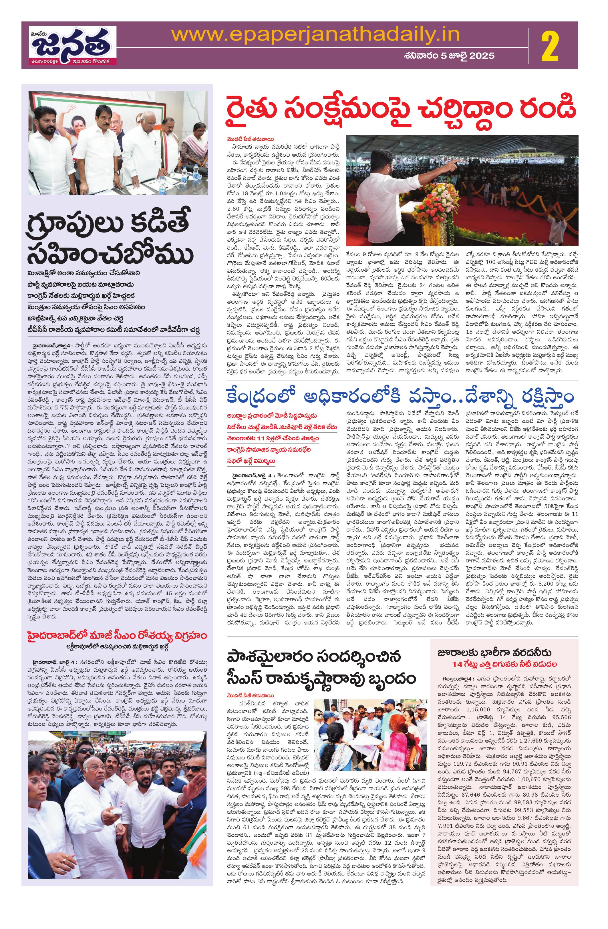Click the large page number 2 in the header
(x=554, y=46)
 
